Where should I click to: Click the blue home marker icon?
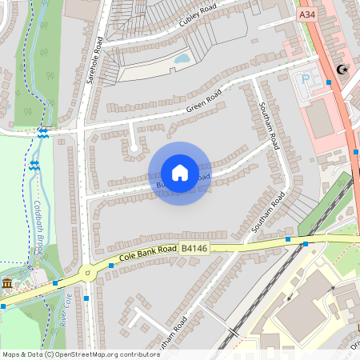click(x=179, y=173)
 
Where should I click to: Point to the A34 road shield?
click(x=306, y=14)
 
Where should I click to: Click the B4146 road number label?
click(x=195, y=250)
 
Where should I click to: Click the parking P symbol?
click(x=305, y=80)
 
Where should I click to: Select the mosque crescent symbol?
click(x=345, y=70)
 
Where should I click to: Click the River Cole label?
click(x=68, y=305)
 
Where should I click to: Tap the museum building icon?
click(x=7, y=284)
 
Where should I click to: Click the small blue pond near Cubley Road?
click(x=182, y=58)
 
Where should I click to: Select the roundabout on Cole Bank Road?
click(x=87, y=274)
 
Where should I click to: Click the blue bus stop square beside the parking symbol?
click(x=328, y=82)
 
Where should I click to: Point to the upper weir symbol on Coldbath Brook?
click(x=42, y=134)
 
